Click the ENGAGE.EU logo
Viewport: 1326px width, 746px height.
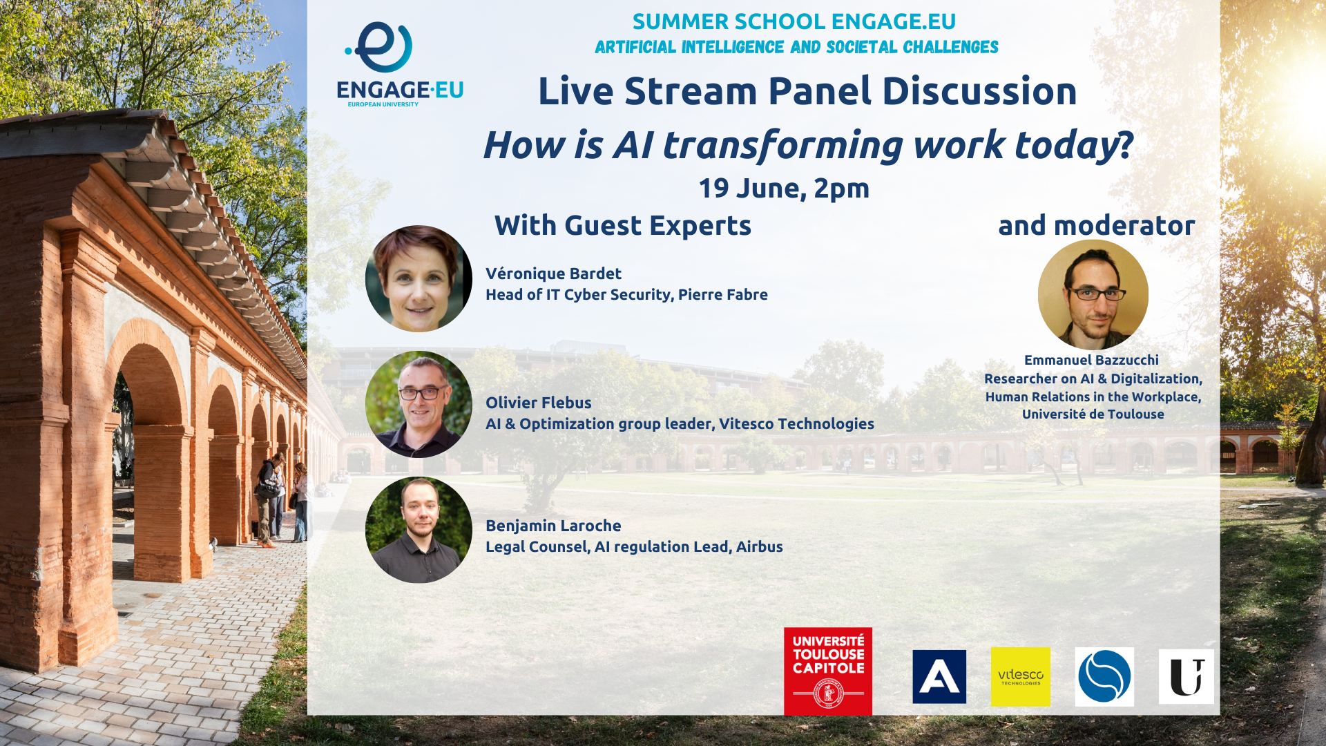coord(400,64)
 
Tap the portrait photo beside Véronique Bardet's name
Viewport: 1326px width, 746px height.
coord(419,278)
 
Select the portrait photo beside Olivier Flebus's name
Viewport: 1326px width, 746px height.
coord(419,404)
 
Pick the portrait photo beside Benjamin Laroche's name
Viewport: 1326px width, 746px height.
coord(419,530)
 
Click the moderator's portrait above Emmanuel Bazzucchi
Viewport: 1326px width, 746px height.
coord(1093,294)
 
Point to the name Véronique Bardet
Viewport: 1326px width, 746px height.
coord(553,274)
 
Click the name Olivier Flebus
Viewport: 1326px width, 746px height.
coord(539,403)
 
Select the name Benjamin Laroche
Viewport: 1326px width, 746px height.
coord(553,526)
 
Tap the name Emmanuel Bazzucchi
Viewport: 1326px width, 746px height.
coord(1091,360)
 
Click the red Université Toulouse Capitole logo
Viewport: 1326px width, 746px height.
coord(828,671)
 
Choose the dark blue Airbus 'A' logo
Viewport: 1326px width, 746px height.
coord(939,676)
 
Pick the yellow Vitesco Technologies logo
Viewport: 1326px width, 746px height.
coord(1021,677)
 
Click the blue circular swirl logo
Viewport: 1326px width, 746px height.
coord(1104,677)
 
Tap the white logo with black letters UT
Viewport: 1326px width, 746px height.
coord(1186,676)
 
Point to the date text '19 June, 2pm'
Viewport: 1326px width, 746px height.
coord(784,188)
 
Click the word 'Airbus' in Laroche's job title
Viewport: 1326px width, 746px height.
coord(760,546)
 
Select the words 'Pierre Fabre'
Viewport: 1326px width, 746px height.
coord(723,294)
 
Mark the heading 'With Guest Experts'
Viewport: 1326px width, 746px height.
coord(623,225)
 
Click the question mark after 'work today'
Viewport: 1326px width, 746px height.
coord(1126,145)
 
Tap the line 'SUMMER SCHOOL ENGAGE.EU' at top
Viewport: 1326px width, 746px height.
coord(794,21)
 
